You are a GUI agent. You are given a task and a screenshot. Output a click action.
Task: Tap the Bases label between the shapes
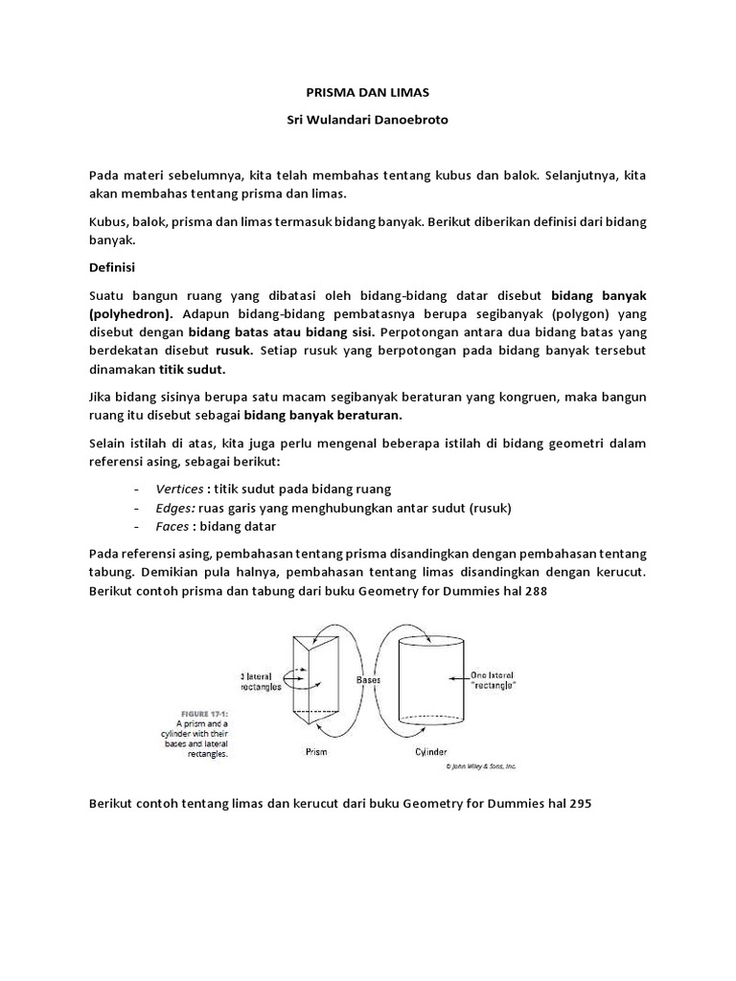369,679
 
